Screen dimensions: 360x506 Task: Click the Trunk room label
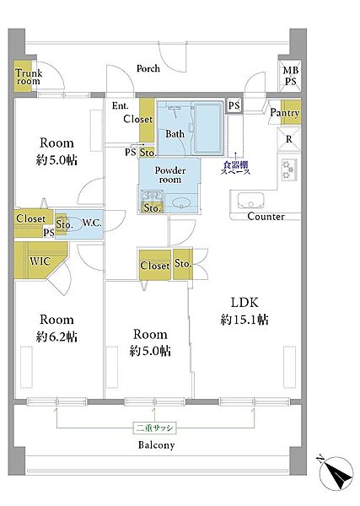click(x=29, y=77)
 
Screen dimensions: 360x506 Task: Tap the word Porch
click(x=148, y=69)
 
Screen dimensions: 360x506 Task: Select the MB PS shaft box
click(x=290, y=76)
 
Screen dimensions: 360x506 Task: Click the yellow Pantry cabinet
click(x=291, y=112)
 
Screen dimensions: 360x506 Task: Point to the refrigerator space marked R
click(x=289, y=139)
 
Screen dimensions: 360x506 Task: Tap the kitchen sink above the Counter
click(x=250, y=201)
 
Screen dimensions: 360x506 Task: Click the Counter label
click(x=266, y=216)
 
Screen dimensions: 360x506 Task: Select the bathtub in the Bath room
click(x=207, y=128)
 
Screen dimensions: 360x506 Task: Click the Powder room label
click(x=170, y=175)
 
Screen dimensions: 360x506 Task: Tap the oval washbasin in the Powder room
click(x=181, y=203)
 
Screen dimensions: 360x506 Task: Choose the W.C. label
click(x=92, y=223)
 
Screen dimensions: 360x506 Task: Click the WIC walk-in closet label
click(x=40, y=261)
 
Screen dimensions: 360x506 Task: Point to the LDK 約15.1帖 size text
click(x=244, y=311)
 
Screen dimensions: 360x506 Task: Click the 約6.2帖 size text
click(x=56, y=336)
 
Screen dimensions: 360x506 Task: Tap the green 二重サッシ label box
click(x=154, y=428)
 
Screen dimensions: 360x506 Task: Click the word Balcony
click(x=157, y=445)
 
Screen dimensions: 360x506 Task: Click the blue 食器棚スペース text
click(x=235, y=168)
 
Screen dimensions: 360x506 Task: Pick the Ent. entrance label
click(x=120, y=105)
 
